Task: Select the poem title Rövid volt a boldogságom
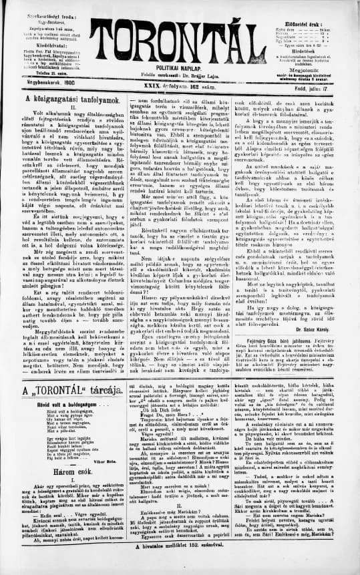[x=60, y=405]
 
